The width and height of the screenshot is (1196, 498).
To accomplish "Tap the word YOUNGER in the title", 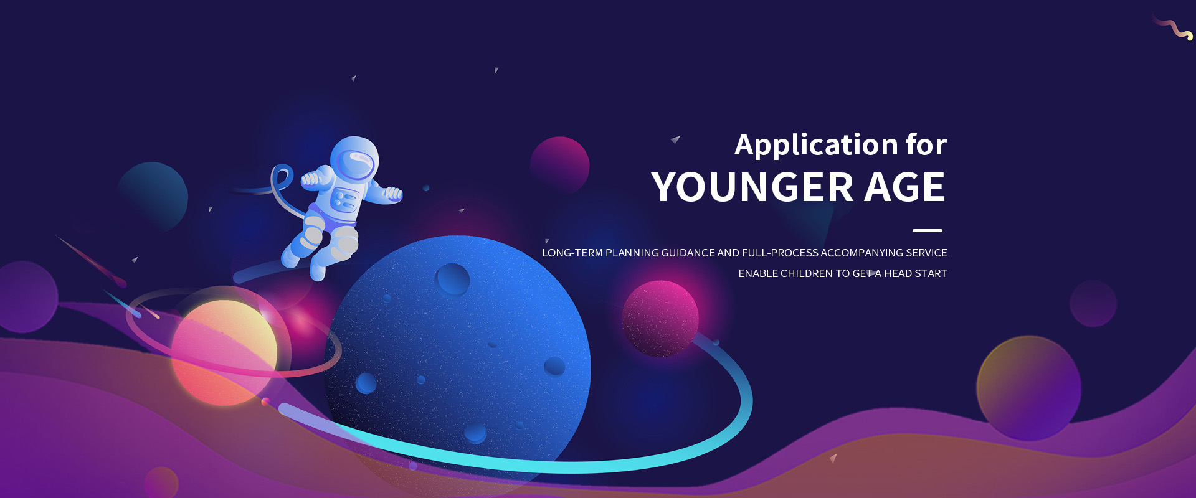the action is coord(752,187).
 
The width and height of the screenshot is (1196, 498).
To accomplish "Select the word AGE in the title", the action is coord(904,187).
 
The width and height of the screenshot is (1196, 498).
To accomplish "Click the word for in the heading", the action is coord(926,144).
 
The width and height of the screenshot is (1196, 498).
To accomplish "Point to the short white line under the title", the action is coord(928,230).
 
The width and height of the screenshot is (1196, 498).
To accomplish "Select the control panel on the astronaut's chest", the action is coord(343,200).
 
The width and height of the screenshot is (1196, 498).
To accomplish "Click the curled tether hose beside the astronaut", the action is coord(283,186).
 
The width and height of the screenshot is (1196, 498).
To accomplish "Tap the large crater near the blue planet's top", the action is coord(453,279).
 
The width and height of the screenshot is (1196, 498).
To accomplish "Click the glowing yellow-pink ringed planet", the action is coord(224,352).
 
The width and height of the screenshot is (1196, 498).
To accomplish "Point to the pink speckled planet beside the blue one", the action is coord(660,318).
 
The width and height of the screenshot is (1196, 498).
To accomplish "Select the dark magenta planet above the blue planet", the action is coord(559,166).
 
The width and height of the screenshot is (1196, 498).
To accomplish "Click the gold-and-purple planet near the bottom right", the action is coord(1029,388).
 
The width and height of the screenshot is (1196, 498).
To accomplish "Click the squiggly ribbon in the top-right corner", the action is coord(1173,29).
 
